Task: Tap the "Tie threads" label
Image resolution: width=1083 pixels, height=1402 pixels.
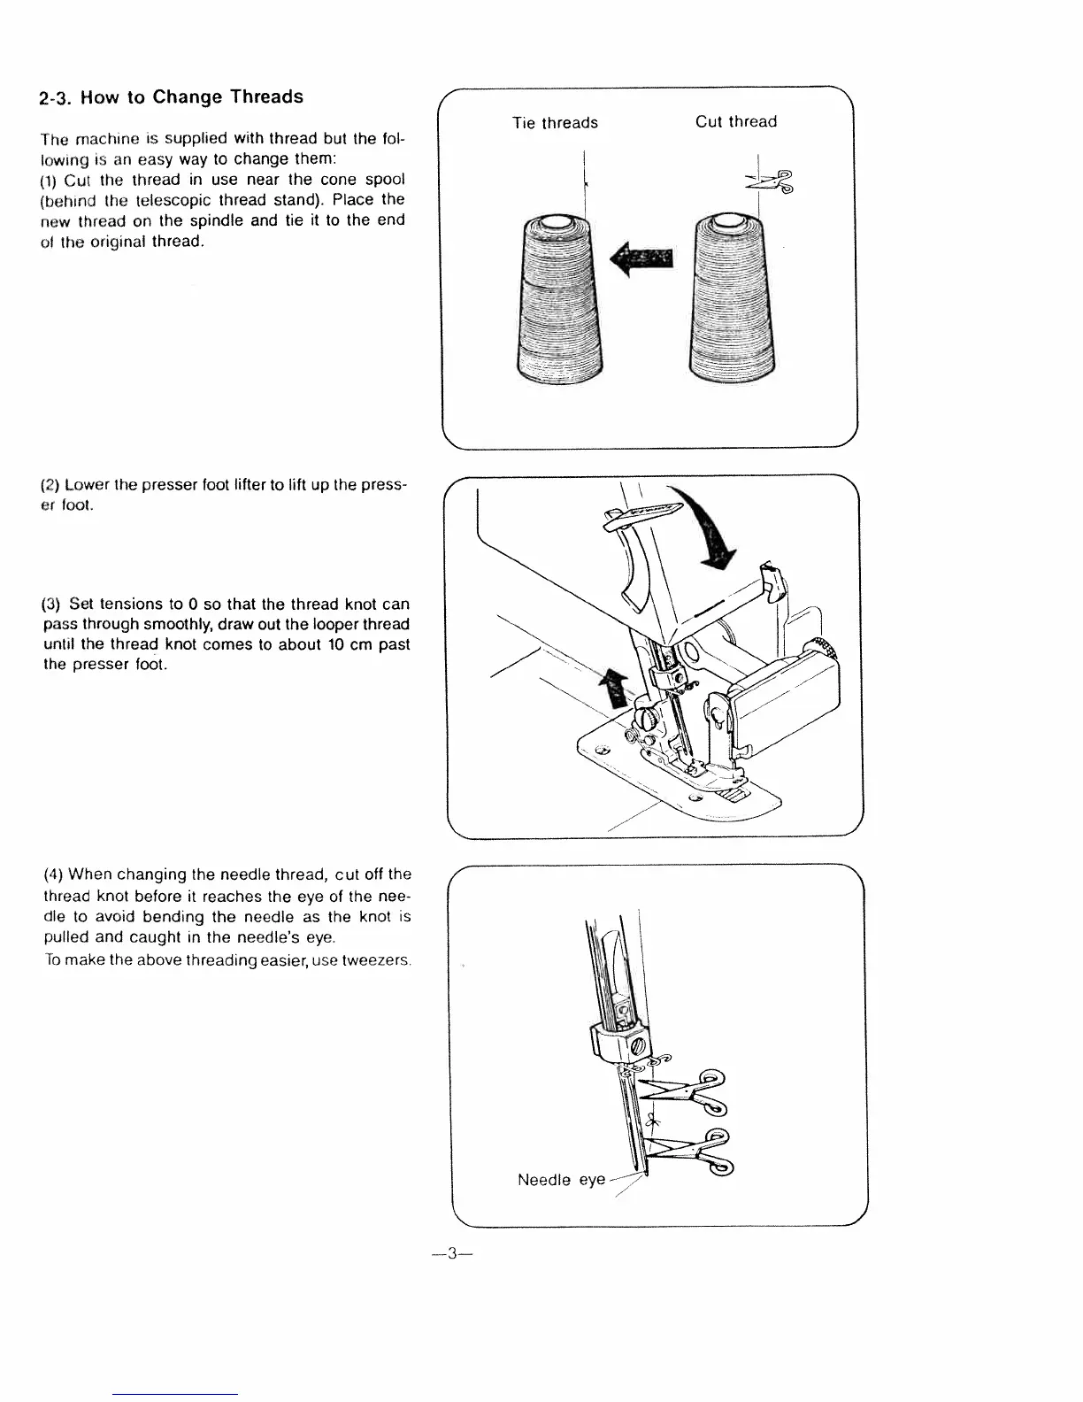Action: point(555,123)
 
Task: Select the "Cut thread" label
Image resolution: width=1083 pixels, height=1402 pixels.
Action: point(735,122)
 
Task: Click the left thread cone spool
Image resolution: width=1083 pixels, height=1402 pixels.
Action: point(558,301)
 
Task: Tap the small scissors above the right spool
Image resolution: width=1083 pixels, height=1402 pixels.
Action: point(770,181)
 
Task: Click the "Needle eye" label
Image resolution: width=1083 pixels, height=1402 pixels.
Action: point(561,1180)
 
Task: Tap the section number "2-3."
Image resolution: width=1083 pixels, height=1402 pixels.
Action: point(57,99)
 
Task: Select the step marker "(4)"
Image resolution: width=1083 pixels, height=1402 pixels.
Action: point(52,875)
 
